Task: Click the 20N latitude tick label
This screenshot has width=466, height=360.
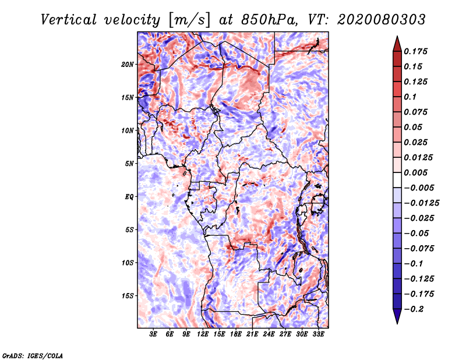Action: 127,65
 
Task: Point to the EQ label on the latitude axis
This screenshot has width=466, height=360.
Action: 129,197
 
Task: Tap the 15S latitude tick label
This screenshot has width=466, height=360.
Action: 128,296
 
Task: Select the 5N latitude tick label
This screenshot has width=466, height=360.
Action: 129,164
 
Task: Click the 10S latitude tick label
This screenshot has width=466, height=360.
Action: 128,263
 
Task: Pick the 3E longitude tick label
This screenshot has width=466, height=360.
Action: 153,334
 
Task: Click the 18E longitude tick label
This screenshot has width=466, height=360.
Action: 236,334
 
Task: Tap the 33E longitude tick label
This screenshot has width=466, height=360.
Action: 318,334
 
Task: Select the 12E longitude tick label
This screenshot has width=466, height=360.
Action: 203,334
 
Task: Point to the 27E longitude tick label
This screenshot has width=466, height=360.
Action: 285,334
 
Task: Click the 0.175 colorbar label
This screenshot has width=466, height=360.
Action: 415,51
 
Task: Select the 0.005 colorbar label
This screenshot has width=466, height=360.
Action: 415,172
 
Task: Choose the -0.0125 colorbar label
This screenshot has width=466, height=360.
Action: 421,203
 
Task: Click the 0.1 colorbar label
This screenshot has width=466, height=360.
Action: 411,97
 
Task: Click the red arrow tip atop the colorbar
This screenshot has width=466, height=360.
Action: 397,36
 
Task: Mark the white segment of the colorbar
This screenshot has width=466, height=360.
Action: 397,180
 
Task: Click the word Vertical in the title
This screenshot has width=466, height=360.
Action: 69,20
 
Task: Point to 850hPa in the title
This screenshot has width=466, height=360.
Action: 269,20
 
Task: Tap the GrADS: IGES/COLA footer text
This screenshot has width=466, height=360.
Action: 33,355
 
